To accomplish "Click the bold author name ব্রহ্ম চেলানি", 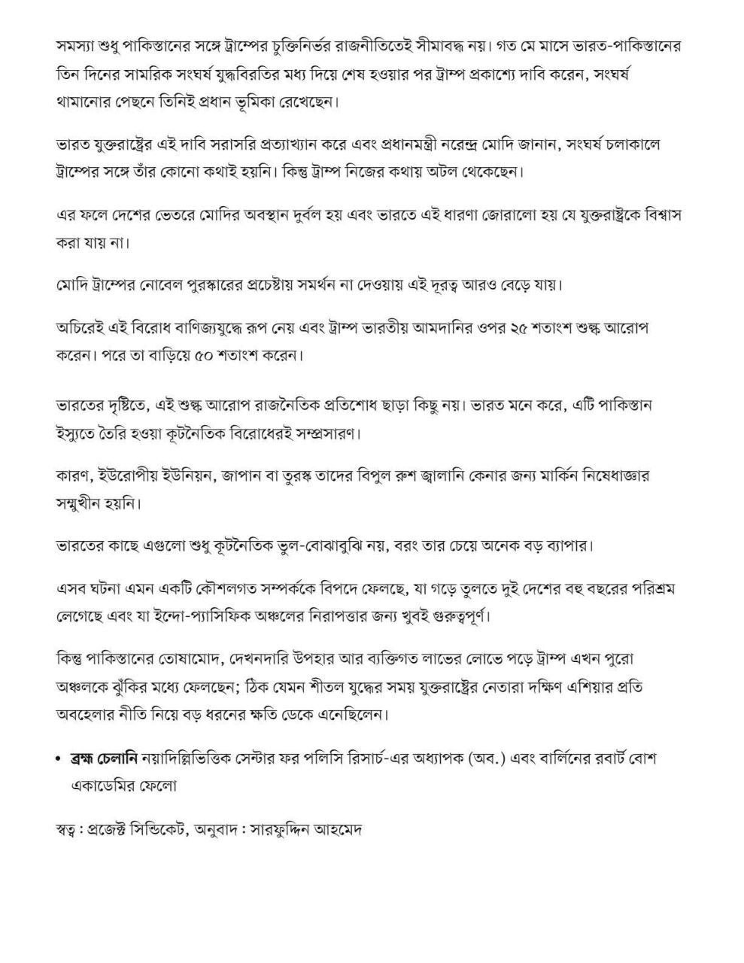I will coord(104,758).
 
